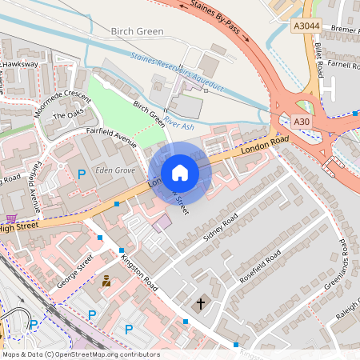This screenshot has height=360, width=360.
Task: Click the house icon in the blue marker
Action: pyautogui.click(x=180, y=173)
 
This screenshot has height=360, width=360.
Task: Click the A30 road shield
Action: pyautogui.click(x=301, y=121)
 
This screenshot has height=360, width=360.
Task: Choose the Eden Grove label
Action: pyautogui.click(x=112, y=170)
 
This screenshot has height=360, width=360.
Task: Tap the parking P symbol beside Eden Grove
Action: pyautogui.click(x=81, y=174)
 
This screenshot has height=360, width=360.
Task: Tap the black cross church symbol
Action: pyautogui.click(x=201, y=304)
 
